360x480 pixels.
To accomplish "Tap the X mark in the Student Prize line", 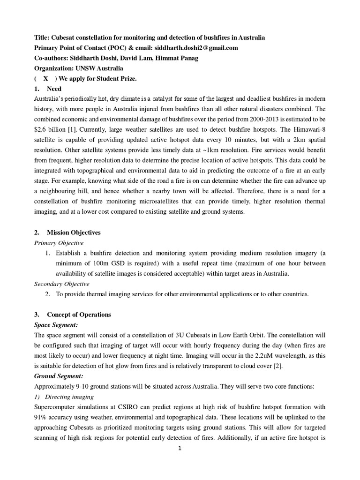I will (46, 79).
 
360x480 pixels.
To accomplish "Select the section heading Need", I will (54, 89).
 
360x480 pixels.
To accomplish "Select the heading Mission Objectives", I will (74, 232).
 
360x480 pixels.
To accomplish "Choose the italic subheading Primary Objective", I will (59, 243).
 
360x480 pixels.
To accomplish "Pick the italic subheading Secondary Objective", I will (62, 284).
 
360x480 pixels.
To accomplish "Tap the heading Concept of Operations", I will (79, 315).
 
